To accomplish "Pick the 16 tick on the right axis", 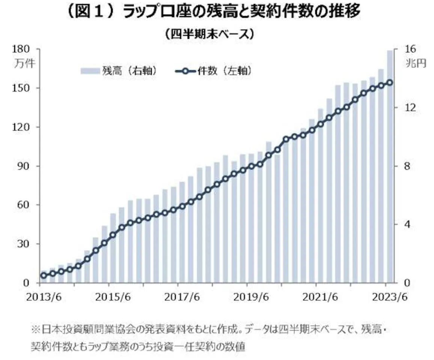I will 410,49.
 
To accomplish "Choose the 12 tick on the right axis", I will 410,108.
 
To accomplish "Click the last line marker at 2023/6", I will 390,82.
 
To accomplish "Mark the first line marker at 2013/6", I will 44,275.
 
